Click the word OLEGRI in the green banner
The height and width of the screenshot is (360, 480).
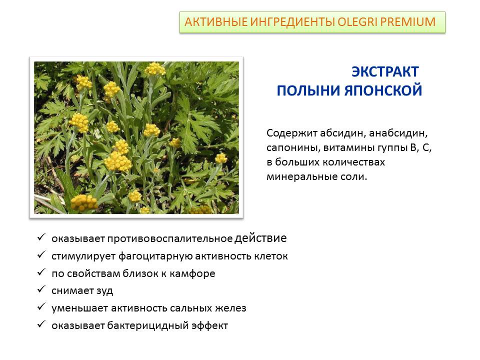pyautogui.click(x=357, y=22)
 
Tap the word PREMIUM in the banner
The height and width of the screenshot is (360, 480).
pyautogui.click(x=408, y=22)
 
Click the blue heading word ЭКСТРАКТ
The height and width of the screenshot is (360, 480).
pyautogui.click(x=385, y=71)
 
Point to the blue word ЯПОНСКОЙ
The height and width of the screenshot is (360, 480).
pyautogui.click(x=383, y=90)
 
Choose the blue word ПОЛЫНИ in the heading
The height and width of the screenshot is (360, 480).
pyautogui.click(x=309, y=91)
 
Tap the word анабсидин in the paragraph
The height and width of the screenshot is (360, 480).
pyautogui.click(x=398, y=133)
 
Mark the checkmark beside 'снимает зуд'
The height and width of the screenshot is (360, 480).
pyautogui.click(x=41, y=289)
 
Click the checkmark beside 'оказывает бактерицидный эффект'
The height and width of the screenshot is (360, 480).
pyautogui.click(x=41, y=324)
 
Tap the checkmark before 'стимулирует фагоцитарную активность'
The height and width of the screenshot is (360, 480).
pyautogui.click(x=41, y=254)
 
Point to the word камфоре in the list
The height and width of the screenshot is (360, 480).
pyautogui.click(x=192, y=273)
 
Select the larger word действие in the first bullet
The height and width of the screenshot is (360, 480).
pyautogui.click(x=260, y=238)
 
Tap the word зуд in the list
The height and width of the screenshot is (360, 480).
pyautogui.click(x=104, y=291)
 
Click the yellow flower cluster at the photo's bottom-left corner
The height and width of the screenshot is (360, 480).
pyautogui.click(x=84, y=202)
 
